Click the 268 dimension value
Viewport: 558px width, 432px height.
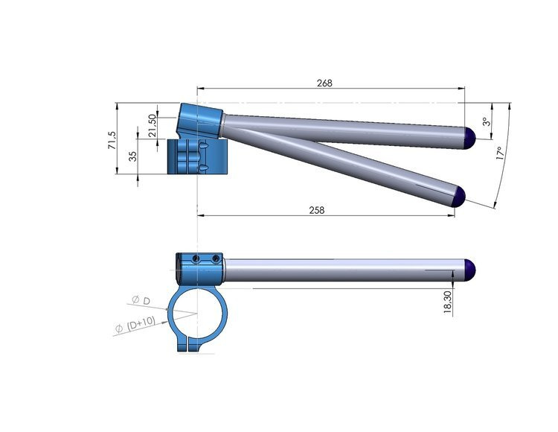pyautogui.click(x=324, y=83)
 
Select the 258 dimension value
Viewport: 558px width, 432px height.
pyautogui.click(x=317, y=210)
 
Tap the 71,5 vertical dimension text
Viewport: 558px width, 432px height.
pyautogui.click(x=112, y=140)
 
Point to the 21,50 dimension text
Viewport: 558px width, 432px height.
pyautogui.click(x=152, y=125)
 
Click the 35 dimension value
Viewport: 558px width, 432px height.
pyautogui.click(x=132, y=156)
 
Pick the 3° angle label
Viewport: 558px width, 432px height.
pyautogui.click(x=487, y=122)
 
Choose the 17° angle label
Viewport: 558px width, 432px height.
pyautogui.click(x=500, y=153)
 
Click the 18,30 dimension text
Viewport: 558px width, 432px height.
pyautogui.click(x=448, y=302)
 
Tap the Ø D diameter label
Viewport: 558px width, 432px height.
pyautogui.click(x=141, y=300)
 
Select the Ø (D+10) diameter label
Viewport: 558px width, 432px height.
pyautogui.click(x=135, y=325)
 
